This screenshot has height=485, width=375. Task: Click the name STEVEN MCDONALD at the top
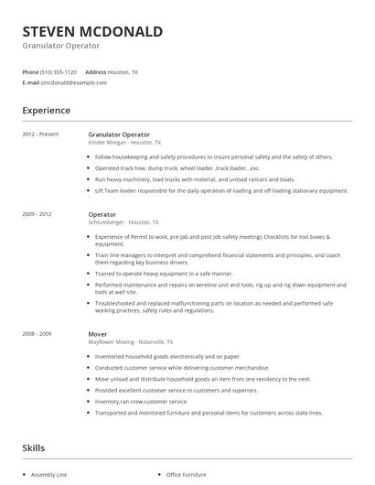point(92,32)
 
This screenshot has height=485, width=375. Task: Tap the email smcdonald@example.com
point(73,82)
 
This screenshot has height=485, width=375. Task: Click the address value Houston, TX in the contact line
point(123,71)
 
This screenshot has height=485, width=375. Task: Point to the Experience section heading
point(47,111)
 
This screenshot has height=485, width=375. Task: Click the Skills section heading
point(35,448)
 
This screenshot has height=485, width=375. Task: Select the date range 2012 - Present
point(40,135)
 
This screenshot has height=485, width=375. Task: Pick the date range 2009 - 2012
point(37,214)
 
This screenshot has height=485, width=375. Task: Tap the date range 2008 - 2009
point(37,334)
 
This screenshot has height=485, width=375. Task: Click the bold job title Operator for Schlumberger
point(102,214)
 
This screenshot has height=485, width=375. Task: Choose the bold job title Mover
point(98,334)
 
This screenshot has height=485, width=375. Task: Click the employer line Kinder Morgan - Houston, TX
point(124,143)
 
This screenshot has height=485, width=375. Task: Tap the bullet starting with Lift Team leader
point(221,190)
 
